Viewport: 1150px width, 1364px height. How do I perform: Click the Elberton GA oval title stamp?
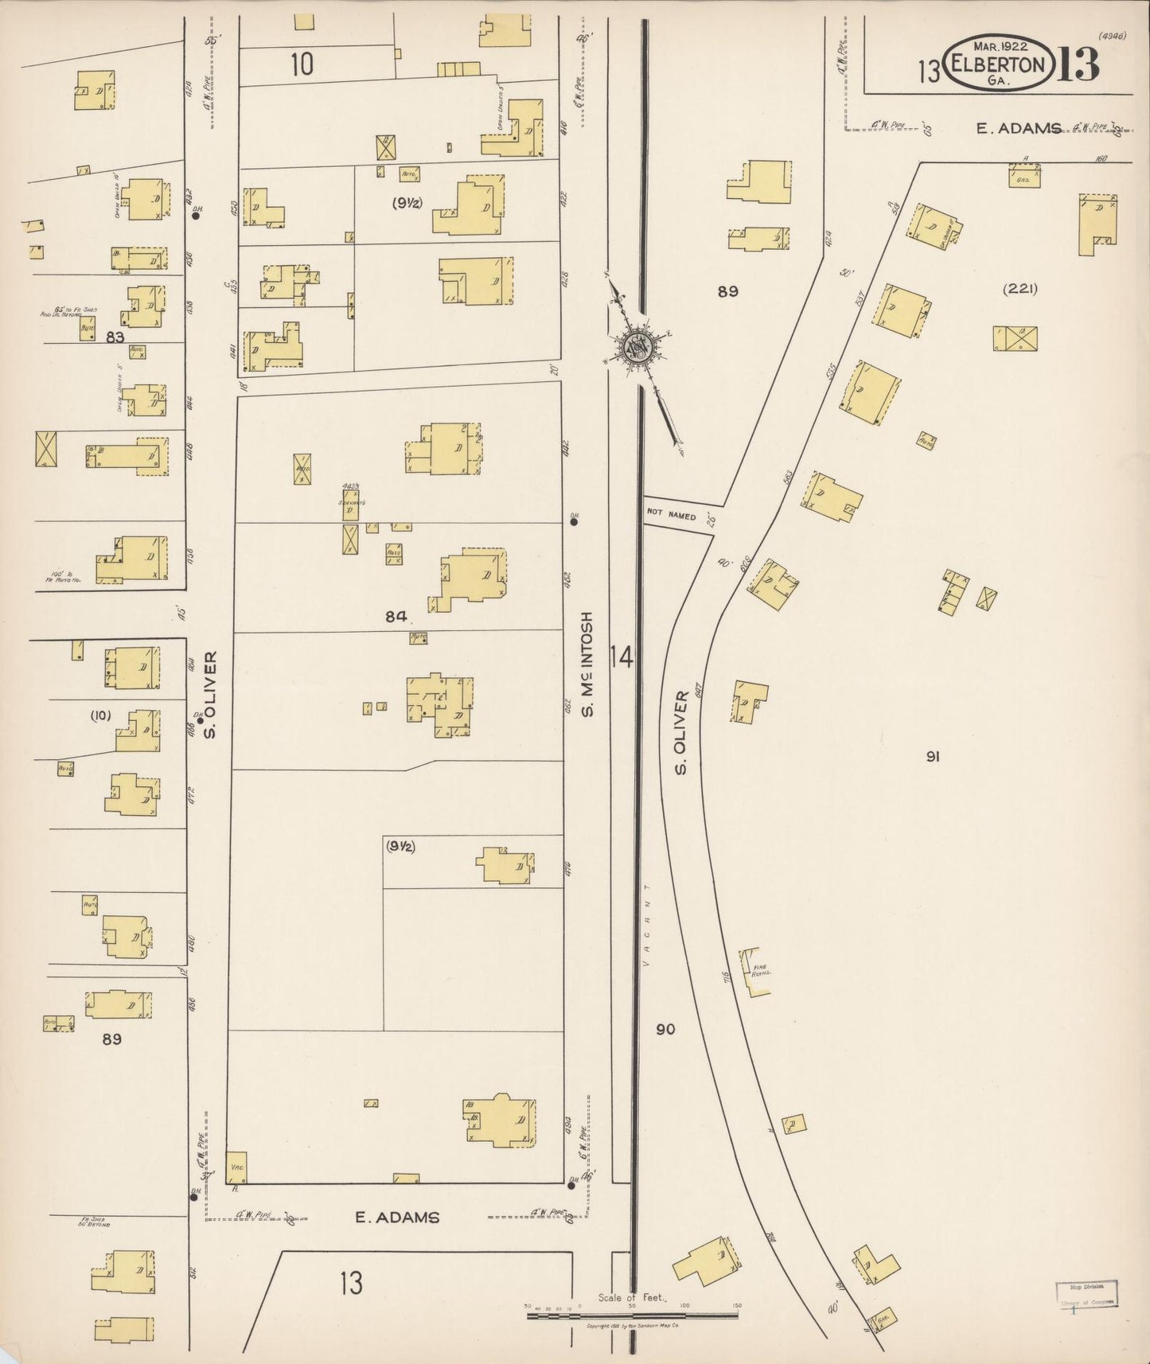tap(999, 64)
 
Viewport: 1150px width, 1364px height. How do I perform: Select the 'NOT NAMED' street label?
tap(671, 516)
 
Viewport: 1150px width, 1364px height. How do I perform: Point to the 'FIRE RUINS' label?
tap(758, 971)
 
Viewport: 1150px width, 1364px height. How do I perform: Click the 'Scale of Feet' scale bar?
tap(633, 1315)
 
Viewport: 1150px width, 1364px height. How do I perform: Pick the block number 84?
tap(396, 616)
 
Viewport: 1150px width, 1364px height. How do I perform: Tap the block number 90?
tap(665, 1029)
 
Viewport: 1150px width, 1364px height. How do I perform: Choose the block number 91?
tap(933, 756)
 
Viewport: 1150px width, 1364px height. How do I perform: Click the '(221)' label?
tap(1019, 289)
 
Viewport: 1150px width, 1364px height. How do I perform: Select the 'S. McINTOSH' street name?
tap(587, 664)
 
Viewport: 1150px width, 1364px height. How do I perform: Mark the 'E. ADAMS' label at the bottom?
tap(396, 1217)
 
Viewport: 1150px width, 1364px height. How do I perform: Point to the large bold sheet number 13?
tap(1078, 64)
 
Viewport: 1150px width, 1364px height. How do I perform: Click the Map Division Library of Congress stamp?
tap(1086, 1294)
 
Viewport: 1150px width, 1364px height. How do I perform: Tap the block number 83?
tap(115, 337)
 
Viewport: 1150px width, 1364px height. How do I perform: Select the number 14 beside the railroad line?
tap(622, 657)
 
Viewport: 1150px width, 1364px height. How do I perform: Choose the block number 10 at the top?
tap(302, 64)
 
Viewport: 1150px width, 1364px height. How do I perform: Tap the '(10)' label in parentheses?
tap(100, 715)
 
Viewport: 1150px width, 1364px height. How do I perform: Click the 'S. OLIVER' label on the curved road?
tap(681, 732)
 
